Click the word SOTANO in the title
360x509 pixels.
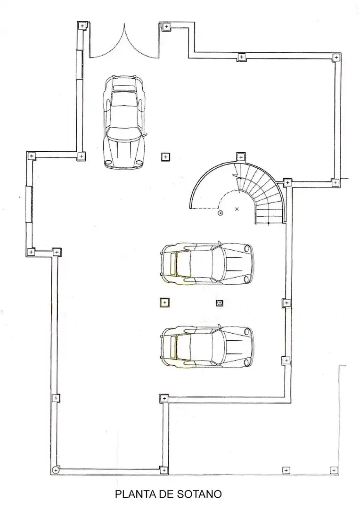[x=199, y=494]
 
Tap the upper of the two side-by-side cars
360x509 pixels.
[x=207, y=263]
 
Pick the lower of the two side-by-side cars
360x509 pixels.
[x=207, y=347]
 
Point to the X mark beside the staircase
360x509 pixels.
[x=237, y=209]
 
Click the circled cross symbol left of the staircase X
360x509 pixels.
[x=221, y=213]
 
